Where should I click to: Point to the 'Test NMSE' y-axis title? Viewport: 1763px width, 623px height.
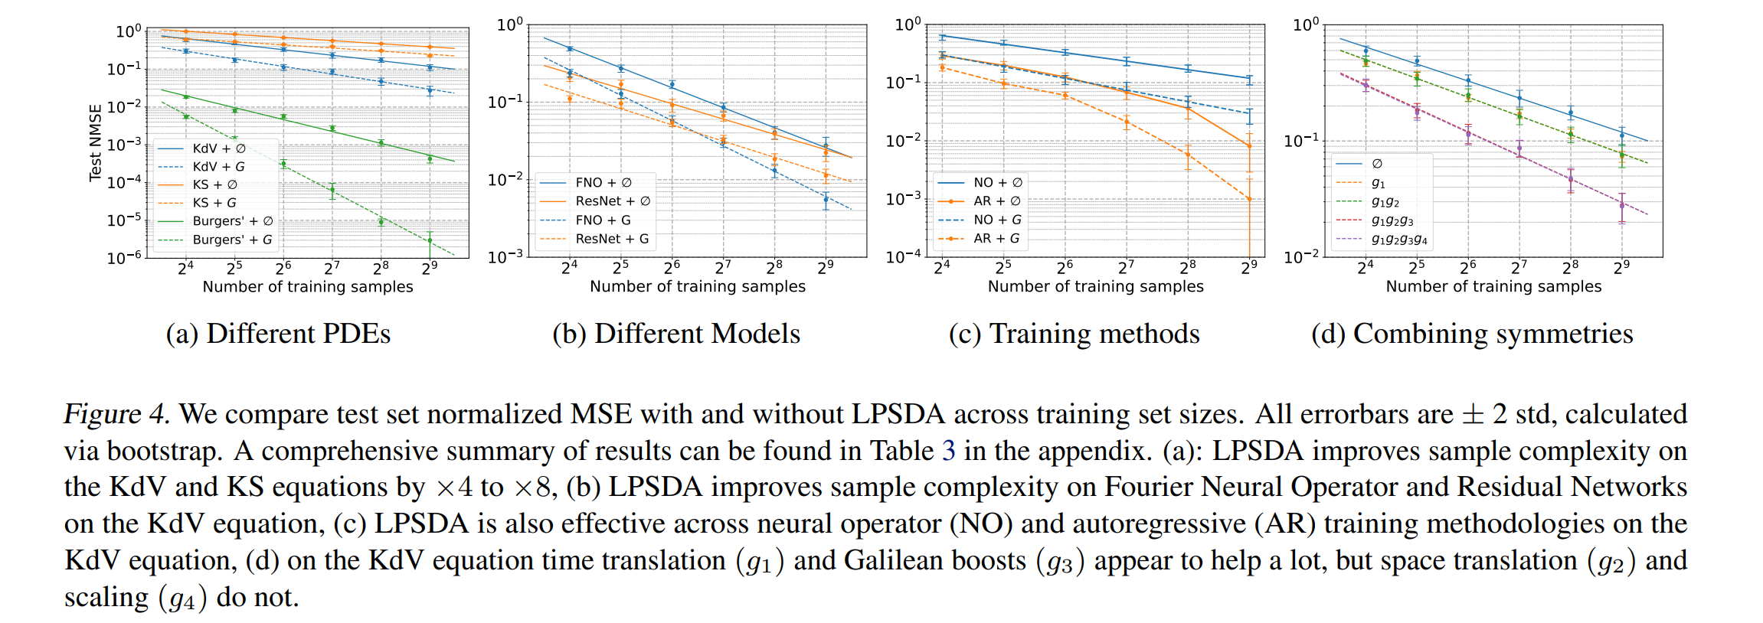point(96,142)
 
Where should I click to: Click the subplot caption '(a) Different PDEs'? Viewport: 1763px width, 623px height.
point(278,334)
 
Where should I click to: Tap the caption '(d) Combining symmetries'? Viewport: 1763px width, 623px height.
point(1472,334)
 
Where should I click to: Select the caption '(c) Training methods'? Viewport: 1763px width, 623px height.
point(1074,334)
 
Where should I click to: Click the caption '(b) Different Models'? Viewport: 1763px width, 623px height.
point(676,334)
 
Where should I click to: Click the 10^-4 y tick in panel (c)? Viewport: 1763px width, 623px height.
point(904,257)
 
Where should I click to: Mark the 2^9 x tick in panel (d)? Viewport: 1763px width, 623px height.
point(1621,267)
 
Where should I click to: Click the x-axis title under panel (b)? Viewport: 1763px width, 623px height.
point(698,286)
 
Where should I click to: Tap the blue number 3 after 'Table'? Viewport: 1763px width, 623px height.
point(948,451)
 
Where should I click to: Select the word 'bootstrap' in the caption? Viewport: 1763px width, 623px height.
point(163,451)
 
